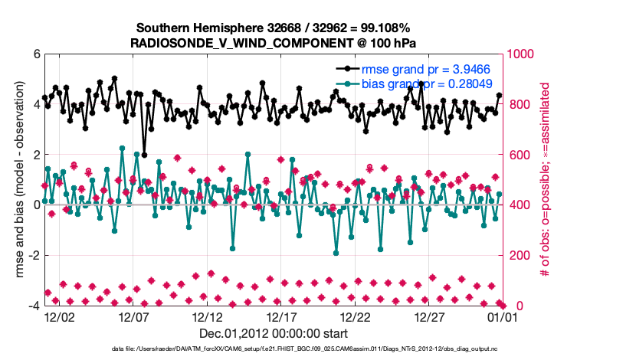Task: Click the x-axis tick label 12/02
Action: click(59, 316)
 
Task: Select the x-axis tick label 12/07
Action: click(133, 316)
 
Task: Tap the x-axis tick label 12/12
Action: click(207, 316)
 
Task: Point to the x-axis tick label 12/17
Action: click(281, 316)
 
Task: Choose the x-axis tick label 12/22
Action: click(356, 316)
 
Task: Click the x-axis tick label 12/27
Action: click(430, 316)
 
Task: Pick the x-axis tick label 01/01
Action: click(503, 316)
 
